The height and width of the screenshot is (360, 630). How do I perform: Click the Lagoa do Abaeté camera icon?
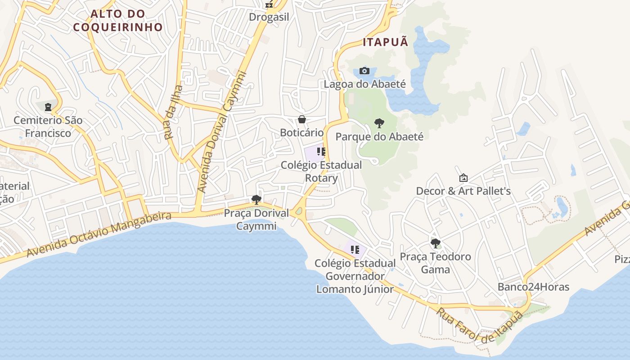tap(364, 71)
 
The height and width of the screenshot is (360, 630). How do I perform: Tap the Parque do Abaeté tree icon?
tap(379, 123)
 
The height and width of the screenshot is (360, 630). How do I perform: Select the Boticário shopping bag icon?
tap(302, 119)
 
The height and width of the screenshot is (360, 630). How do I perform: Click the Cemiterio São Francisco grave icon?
tap(48, 107)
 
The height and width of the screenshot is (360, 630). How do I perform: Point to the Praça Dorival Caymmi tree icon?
tap(256, 199)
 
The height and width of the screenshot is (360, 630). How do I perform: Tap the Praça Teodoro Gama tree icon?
tap(435, 243)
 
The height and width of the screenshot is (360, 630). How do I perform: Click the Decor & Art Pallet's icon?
tap(463, 178)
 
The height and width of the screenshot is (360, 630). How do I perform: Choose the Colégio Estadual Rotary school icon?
tap(321, 152)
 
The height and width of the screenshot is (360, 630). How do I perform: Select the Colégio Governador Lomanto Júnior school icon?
tap(355, 249)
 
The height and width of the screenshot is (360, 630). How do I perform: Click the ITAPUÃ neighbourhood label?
tap(386, 42)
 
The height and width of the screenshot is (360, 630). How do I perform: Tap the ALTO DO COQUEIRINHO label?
tap(118, 20)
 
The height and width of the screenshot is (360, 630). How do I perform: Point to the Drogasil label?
tap(269, 17)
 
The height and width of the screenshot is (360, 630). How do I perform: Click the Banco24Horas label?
tap(533, 287)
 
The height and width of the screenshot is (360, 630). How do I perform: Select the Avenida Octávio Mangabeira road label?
tap(99, 234)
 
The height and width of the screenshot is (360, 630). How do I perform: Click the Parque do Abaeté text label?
tap(379, 136)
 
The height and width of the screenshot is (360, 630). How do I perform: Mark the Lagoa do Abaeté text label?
tap(365, 84)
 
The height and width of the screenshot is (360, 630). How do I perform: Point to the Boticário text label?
tap(302, 133)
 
